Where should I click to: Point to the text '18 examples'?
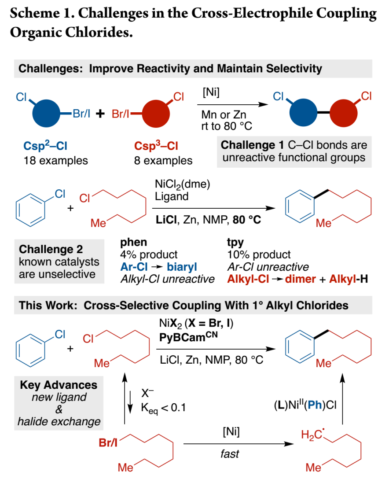[x=55, y=160]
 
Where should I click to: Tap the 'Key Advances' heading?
[x=59, y=385]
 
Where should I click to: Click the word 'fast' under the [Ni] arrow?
[x=230, y=453]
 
